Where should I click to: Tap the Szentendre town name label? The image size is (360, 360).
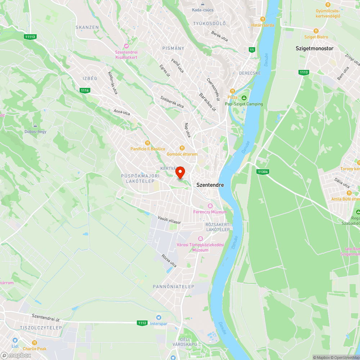tap(210, 185)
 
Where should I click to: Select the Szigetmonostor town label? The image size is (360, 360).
tap(314, 48)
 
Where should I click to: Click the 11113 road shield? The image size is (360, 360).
tap(30, 37)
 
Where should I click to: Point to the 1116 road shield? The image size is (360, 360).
tap(85, 90)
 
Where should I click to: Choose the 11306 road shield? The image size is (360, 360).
tap(263, 172)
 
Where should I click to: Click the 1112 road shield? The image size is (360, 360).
tap(142, 323)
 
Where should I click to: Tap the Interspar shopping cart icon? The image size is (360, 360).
tap(158, 317)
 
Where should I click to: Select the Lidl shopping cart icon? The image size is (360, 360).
tap(15, 340)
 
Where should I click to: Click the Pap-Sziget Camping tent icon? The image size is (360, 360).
tap(244, 98)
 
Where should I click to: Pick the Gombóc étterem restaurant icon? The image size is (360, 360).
tap(182, 148)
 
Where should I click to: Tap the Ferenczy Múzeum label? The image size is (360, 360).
tap(210, 212)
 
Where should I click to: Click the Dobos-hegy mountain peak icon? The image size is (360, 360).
tap(35, 126)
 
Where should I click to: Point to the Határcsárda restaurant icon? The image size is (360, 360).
tap(263, 19)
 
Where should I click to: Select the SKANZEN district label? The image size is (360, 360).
tap(87, 27)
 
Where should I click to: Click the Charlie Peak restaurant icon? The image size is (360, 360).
tap(35, 343)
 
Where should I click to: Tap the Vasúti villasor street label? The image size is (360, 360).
tap(169, 220)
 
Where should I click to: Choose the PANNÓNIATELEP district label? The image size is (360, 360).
tap(174, 287)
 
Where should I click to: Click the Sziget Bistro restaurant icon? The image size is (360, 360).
tap(316, 31)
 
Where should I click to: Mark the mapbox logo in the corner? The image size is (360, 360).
tap(16, 355)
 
